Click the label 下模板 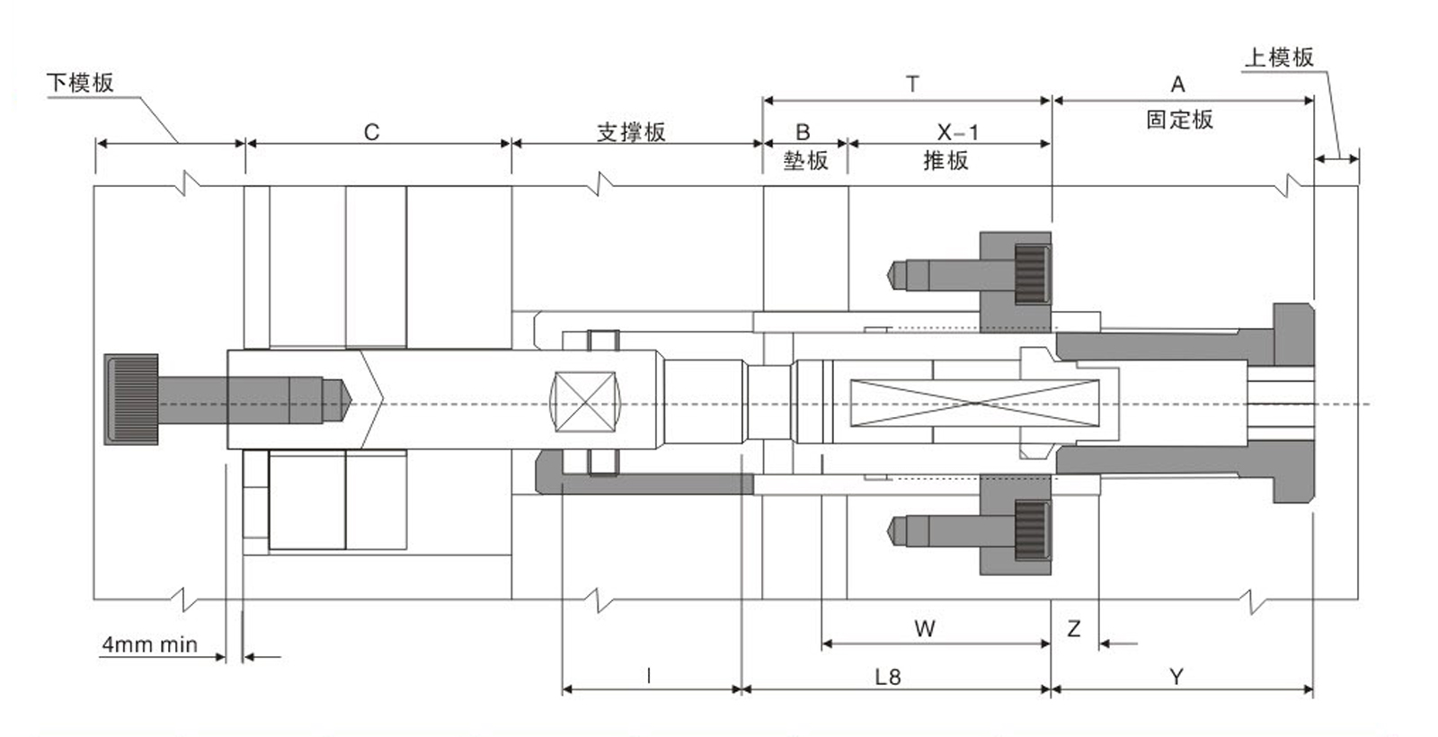(x=80, y=84)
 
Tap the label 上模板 (x=1278, y=58)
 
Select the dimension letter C (x=371, y=132)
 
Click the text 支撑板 (x=631, y=132)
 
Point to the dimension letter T (x=912, y=84)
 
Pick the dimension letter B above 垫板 (x=803, y=132)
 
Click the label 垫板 (x=805, y=161)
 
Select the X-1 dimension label (x=958, y=132)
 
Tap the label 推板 (x=945, y=161)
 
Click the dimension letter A (x=1177, y=84)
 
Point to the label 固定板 (x=1179, y=120)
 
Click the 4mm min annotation (x=149, y=644)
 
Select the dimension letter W (x=925, y=628)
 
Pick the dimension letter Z (x=1074, y=628)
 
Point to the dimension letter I (x=649, y=675)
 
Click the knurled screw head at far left (x=131, y=399)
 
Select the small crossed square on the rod (x=584, y=402)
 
